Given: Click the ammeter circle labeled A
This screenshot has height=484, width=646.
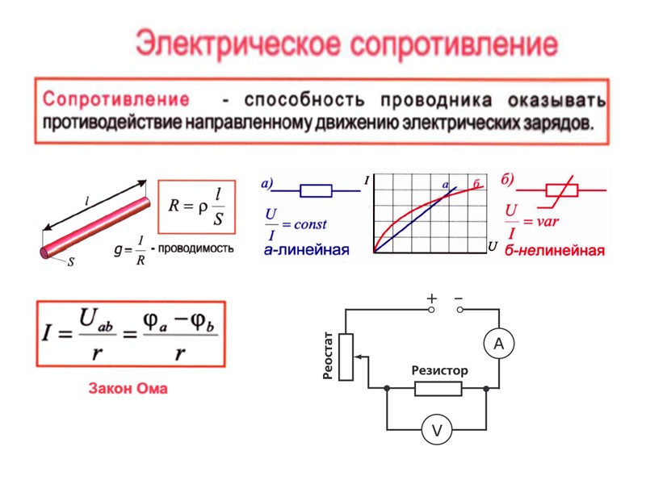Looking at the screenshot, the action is [x=498, y=344].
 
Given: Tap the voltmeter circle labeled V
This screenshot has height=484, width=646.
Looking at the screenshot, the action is [x=437, y=432].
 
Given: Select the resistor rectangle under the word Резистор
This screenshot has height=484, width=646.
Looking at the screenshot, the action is [x=438, y=390].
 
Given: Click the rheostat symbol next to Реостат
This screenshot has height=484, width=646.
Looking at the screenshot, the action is [x=346, y=356].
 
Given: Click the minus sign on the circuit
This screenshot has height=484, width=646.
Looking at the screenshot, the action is [x=459, y=298].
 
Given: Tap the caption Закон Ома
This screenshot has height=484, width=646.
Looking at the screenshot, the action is [x=128, y=389].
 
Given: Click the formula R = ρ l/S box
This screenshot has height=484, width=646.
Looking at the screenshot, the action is [x=196, y=207].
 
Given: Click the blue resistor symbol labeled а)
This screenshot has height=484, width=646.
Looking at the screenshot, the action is [x=316, y=191].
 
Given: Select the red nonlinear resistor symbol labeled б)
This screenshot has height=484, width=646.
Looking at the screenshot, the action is [x=560, y=190].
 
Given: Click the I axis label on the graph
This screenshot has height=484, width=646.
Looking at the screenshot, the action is [x=367, y=182].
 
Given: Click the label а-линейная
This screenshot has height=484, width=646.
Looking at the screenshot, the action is [x=306, y=250].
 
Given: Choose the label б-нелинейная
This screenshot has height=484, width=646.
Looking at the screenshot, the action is [x=555, y=250].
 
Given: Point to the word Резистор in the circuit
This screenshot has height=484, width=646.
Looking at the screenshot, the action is [x=439, y=370].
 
